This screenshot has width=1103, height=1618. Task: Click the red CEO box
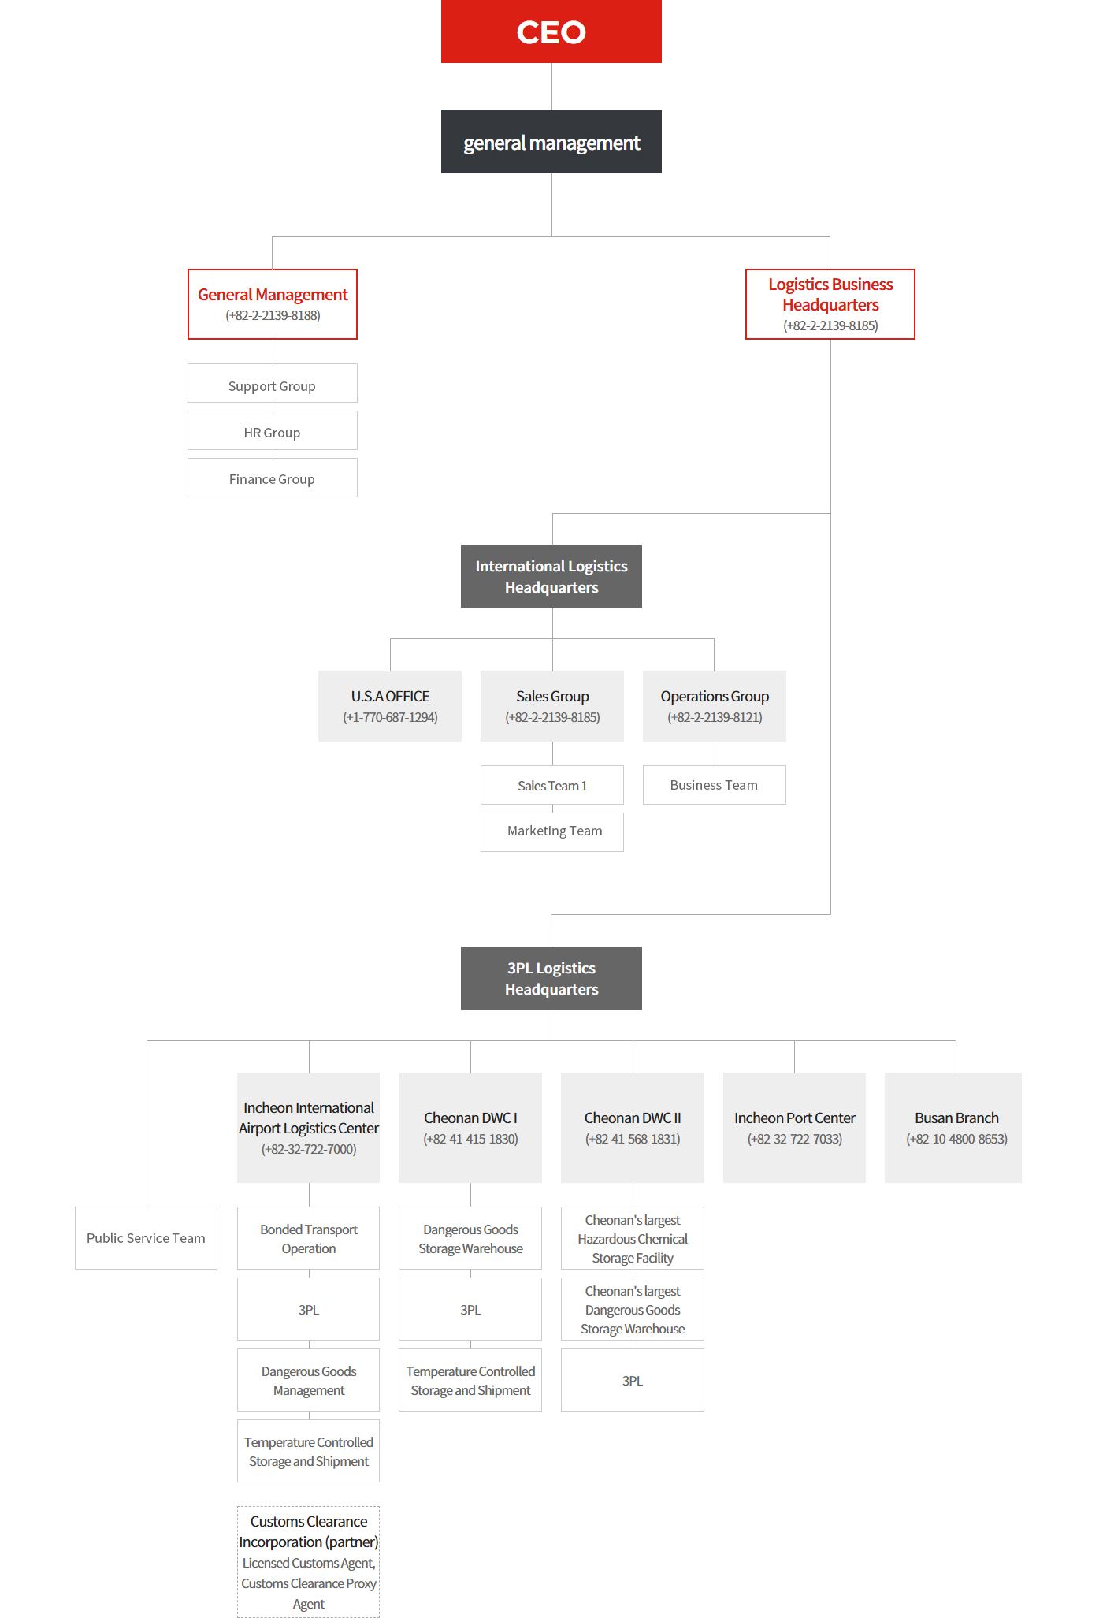click(x=551, y=32)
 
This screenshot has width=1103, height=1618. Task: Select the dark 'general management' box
click(x=551, y=142)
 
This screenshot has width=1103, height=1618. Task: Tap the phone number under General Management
click(x=273, y=315)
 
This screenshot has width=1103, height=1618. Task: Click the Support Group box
click(x=273, y=383)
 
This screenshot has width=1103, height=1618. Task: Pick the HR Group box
click(x=273, y=430)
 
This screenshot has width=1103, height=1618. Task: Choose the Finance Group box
click(x=273, y=478)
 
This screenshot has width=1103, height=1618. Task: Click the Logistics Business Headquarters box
click(x=830, y=304)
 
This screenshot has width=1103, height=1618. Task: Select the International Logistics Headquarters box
click(x=551, y=576)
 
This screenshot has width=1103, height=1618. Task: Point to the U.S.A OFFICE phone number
click(x=390, y=717)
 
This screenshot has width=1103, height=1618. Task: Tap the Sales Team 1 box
click(x=552, y=785)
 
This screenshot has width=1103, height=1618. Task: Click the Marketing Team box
click(x=552, y=832)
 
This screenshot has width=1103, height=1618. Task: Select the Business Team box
click(x=715, y=785)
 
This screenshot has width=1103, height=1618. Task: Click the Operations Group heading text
click(x=715, y=697)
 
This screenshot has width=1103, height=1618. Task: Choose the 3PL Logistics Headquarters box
click(x=551, y=978)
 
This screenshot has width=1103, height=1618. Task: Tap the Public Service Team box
click(x=146, y=1238)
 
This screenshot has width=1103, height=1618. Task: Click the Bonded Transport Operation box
click(x=309, y=1238)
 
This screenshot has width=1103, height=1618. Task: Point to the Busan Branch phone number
click(x=956, y=1139)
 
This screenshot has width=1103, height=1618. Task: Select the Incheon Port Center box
click(x=794, y=1128)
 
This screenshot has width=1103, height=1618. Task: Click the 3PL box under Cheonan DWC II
click(x=633, y=1380)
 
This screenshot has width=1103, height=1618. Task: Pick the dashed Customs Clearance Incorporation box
click(x=309, y=1562)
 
